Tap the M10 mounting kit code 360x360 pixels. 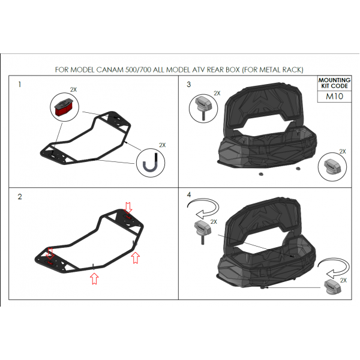pos(335,96)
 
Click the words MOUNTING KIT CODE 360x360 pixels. pos(334,83)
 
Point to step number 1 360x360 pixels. pos(20,85)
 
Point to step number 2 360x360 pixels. pos(20,197)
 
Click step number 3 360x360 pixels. pos(189,85)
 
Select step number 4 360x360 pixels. pos(189,195)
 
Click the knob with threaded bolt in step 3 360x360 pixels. pos(203,107)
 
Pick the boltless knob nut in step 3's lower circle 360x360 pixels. pos(332,166)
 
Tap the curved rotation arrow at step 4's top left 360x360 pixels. pos(203,208)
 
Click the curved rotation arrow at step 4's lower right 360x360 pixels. pos(334,268)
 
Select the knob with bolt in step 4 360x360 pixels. pos(203,232)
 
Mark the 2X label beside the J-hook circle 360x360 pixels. pos(163,145)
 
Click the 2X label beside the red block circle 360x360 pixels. pos(73,90)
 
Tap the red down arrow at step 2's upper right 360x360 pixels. pos(128,208)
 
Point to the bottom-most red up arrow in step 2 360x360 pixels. pos(94,279)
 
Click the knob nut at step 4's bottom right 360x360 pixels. pos(332,287)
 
